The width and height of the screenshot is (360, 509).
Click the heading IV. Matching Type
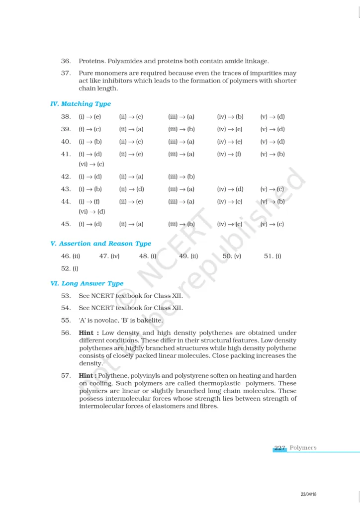(81, 104)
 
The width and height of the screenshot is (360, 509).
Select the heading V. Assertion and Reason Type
(101, 244)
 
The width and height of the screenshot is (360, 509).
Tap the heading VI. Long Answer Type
(87, 283)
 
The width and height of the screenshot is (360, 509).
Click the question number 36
(66, 61)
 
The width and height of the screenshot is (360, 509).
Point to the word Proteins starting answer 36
(91, 61)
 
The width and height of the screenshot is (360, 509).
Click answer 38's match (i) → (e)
(90, 117)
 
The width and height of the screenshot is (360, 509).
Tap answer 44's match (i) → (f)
(90, 201)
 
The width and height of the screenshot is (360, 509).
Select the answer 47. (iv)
(109, 256)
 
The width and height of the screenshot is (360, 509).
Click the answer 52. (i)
(70, 268)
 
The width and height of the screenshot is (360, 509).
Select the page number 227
(280, 448)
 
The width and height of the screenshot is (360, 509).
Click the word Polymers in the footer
(303, 448)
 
